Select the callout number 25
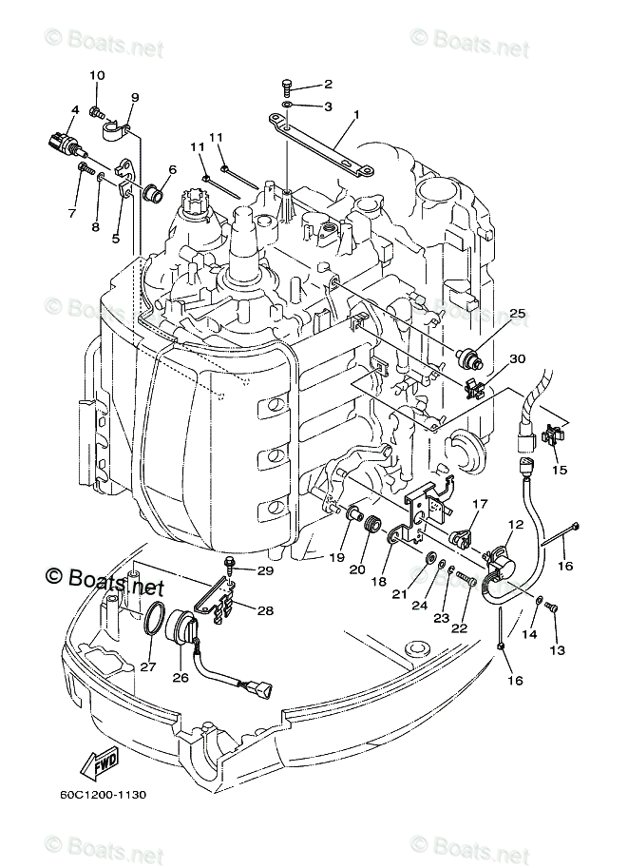tap(517, 313)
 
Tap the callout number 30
tap(517, 358)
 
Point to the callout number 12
tap(516, 524)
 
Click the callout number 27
tap(147, 667)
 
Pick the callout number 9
tap(134, 97)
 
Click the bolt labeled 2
tap(287, 86)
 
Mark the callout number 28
tap(265, 611)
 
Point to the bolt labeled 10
tap(97, 113)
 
